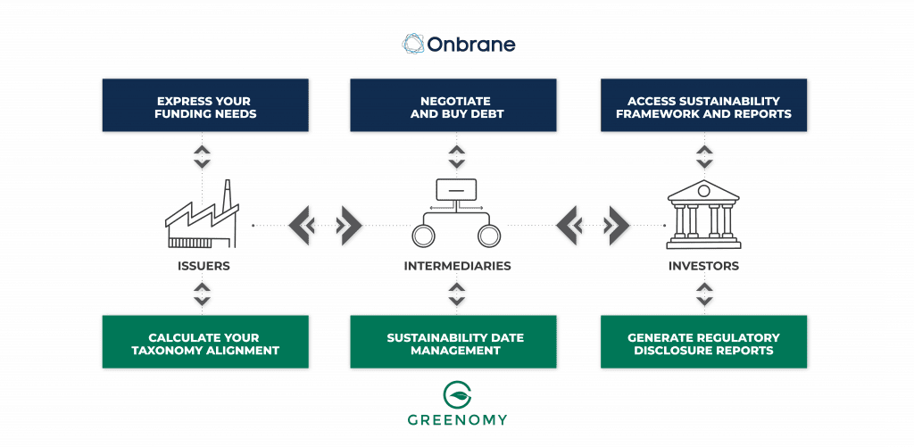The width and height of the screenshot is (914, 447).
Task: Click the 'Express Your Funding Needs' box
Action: (x=205, y=108)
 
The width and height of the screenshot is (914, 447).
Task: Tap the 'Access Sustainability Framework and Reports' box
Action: (x=703, y=108)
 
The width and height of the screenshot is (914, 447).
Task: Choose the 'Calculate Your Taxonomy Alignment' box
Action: (x=205, y=344)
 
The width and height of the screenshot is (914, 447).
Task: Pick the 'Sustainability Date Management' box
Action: (x=454, y=344)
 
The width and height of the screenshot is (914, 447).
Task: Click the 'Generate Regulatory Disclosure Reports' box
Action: (x=703, y=344)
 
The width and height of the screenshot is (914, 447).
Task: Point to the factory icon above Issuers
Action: (x=203, y=217)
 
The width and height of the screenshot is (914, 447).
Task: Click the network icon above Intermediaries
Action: (x=455, y=213)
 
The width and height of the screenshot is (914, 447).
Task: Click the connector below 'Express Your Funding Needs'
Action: (x=203, y=156)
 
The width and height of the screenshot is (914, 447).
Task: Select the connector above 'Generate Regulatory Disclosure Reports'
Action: (x=704, y=292)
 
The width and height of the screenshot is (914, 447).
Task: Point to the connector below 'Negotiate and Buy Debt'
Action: (x=456, y=156)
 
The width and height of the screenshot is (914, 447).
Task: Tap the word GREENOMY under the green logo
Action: (x=456, y=420)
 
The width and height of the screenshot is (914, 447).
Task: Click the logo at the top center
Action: (x=457, y=45)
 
